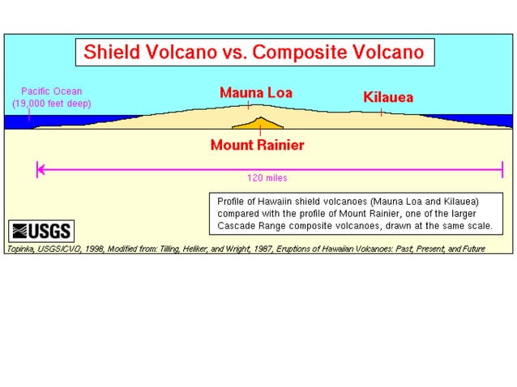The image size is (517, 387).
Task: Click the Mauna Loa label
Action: (x=255, y=91)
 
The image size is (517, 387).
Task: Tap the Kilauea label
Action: (x=388, y=97)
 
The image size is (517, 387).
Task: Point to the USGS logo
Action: (x=40, y=230)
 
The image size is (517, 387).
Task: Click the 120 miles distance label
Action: (x=267, y=177)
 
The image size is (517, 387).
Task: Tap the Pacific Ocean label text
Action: (x=52, y=91)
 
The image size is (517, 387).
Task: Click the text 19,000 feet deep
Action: (x=52, y=104)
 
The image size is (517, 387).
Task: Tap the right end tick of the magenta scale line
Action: (x=502, y=169)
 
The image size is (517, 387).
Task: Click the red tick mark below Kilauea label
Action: (x=381, y=113)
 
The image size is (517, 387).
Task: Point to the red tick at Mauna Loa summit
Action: (x=249, y=105)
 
